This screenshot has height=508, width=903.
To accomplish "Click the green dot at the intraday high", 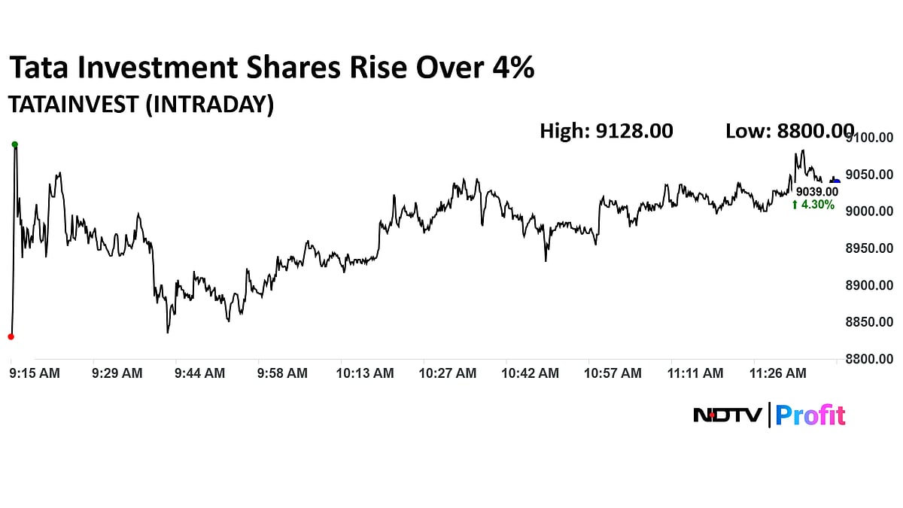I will (14, 144).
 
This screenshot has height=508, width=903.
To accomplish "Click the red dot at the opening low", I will (11, 336).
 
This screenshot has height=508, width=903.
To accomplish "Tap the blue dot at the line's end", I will (836, 181).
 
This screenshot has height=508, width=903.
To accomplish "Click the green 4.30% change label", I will (813, 205).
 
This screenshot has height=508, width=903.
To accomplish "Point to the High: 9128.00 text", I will (606, 131).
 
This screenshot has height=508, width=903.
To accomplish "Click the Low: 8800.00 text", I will (789, 131).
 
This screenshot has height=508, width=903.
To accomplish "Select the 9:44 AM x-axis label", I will (199, 373).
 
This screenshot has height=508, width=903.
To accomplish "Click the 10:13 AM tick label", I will (365, 373).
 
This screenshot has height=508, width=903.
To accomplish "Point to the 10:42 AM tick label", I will (531, 373).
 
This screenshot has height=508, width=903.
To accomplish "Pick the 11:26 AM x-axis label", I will (779, 373).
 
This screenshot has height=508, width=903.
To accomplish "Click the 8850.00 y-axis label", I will (868, 322).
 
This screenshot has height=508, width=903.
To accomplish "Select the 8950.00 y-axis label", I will (868, 248).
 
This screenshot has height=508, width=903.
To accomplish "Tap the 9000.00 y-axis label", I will (868, 211).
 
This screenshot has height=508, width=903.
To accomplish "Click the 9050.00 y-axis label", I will (868, 175).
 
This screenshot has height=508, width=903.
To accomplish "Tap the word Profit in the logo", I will (810, 415).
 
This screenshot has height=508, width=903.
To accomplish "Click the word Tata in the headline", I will (36, 68).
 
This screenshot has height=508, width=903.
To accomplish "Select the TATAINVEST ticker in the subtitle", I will (72, 105).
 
